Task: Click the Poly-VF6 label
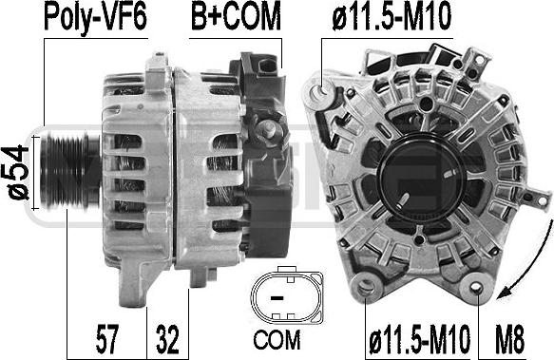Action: coord(95,16)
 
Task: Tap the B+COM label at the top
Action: coord(236,16)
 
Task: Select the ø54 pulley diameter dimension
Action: coord(18,173)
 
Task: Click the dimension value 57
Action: coord(106,339)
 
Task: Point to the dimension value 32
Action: coord(167,339)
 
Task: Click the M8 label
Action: coord(509,339)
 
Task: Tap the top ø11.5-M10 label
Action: coord(392,16)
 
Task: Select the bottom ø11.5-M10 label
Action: coord(419,339)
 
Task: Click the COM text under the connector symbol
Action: coord(277,340)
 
